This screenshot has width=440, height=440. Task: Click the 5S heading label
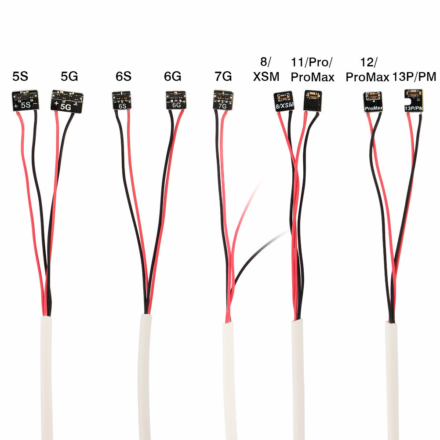point(20,76)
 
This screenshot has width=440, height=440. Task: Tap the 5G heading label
point(69,76)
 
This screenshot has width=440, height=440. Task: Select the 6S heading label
point(124,76)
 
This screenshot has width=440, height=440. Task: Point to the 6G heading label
point(173,76)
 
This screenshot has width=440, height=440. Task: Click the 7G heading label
point(223,76)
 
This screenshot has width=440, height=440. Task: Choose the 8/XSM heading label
point(266,69)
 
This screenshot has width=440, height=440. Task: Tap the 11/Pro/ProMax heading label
point(313,70)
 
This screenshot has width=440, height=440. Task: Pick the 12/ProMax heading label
point(367,70)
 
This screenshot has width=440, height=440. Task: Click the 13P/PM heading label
point(414,76)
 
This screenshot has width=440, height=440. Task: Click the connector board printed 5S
point(25,101)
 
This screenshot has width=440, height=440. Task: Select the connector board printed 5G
point(67,102)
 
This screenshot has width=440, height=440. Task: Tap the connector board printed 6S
point(121,100)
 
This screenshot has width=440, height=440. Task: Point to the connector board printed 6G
point(176,100)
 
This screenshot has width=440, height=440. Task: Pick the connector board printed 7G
point(223,100)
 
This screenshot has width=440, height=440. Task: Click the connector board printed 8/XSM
point(284,101)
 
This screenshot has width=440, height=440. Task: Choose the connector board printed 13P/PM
point(414,101)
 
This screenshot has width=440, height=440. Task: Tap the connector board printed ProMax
point(373,102)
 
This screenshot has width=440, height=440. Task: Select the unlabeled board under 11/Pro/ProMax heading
point(313,101)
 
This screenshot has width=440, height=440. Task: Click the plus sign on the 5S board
point(16,106)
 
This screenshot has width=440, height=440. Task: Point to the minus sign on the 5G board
point(75,105)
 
